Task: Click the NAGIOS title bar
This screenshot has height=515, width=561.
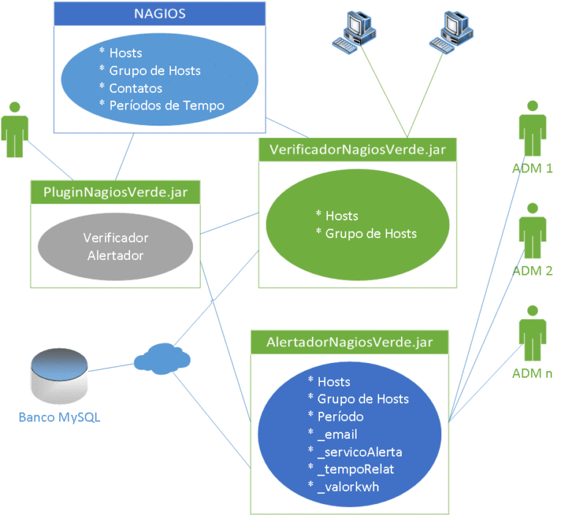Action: [x=159, y=14]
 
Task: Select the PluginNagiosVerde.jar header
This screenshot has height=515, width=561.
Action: [x=115, y=192]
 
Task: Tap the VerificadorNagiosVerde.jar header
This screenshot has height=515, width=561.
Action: [x=357, y=150]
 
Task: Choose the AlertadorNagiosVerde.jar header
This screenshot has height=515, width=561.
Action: [x=350, y=342]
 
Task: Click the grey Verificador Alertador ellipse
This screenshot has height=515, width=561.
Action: [x=115, y=247]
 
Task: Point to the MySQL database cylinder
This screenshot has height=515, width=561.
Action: [x=59, y=375]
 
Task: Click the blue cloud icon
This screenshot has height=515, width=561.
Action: [x=162, y=359]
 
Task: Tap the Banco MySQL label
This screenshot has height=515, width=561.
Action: [x=59, y=417]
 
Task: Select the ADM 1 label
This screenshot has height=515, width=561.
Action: [x=533, y=168]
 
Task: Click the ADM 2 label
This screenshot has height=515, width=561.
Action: [x=533, y=271]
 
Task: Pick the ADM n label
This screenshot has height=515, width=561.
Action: [x=533, y=373]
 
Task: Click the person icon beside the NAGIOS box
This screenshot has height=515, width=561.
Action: [x=15, y=129]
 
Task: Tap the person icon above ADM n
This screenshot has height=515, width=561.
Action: [x=533, y=333]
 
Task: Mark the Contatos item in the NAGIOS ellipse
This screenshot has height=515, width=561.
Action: [x=136, y=88]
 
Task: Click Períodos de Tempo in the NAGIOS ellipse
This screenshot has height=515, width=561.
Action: [x=167, y=106]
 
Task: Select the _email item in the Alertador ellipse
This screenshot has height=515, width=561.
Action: [x=337, y=435]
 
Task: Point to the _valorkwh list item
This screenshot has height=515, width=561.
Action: [x=348, y=487]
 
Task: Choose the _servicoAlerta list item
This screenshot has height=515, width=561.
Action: [x=359, y=452]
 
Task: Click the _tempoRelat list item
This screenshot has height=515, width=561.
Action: [x=356, y=470]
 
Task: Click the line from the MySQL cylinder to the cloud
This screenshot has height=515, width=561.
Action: [x=111, y=367]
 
